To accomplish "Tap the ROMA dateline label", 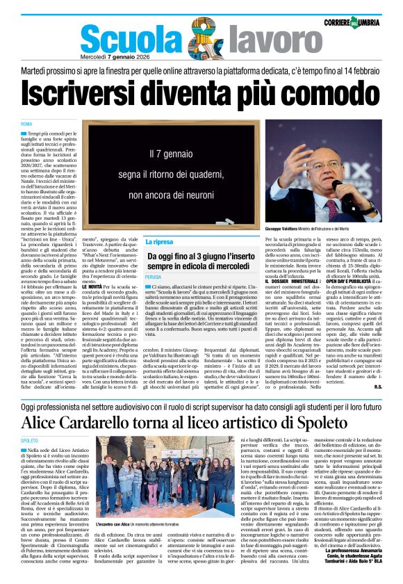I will click(x=26, y=123).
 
